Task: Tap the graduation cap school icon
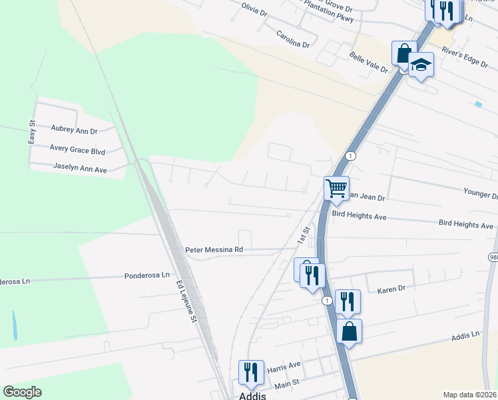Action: tap(421, 65)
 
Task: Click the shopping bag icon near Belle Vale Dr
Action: tap(404, 53)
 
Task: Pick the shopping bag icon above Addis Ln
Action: tap(349, 330)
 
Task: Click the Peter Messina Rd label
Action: tap(214, 249)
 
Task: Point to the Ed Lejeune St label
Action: tap(187, 301)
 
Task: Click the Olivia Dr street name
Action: tap(254, 11)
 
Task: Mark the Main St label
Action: tap(288, 383)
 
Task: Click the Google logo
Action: tap(22, 392)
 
